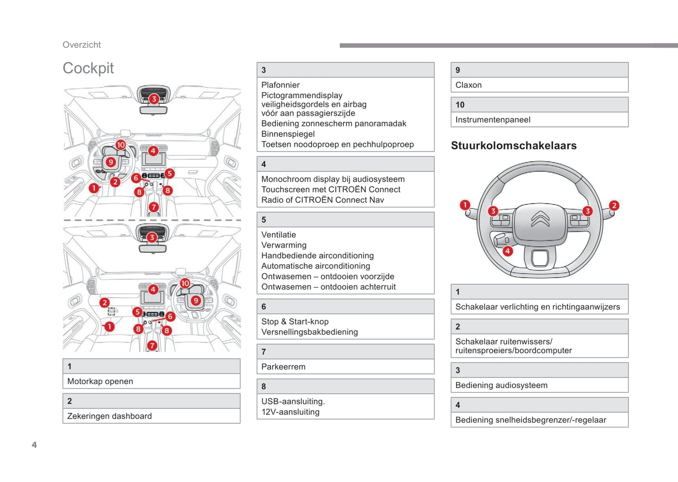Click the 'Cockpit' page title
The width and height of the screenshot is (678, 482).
(x=88, y=68)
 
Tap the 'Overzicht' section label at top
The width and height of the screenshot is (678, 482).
(x=82, y=45)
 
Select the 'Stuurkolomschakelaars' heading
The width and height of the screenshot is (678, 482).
(x=514, y=146)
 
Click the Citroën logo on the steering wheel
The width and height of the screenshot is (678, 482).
(x=540, y=219)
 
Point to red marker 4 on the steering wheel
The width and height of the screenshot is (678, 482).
(x=507, y=251)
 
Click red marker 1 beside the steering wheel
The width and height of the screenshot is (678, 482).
(x=465, y=205)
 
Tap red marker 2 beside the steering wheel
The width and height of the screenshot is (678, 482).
(x=614, y=205)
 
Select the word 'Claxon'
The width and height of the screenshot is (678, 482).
(x=468, y=85)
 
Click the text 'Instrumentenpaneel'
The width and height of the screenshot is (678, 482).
(x=493, y=120)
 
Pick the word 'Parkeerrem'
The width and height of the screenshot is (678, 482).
(x=283, y=367)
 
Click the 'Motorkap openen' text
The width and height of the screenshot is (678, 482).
(x=100, y=381)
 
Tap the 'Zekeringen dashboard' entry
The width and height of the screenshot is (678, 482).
(x=109, y=416)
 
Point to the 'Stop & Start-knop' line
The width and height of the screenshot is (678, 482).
(x=295, y=322)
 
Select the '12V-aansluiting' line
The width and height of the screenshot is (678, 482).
(x=290, y=412)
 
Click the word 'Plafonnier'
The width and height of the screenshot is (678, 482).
(x=280, y=85)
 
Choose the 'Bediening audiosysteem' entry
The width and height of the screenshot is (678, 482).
(x=501, y=385)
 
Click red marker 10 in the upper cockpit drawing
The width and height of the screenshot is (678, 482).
(x=121, y=145)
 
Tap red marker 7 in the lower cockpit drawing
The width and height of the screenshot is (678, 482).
(x=152, y=346)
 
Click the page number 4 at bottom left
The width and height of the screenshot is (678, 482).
(x=34, y=445)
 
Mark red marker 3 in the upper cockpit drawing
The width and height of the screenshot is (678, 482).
(x=154, y=99)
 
